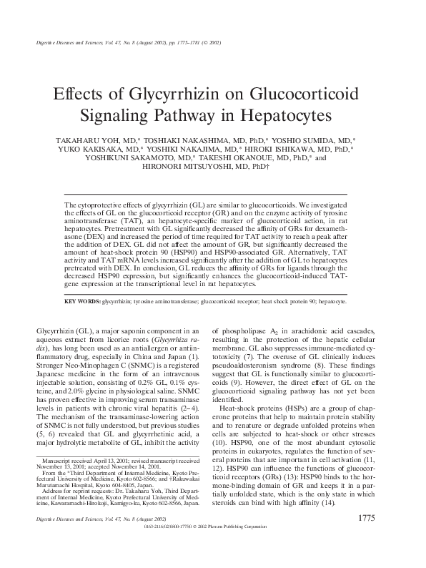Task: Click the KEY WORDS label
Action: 81,301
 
